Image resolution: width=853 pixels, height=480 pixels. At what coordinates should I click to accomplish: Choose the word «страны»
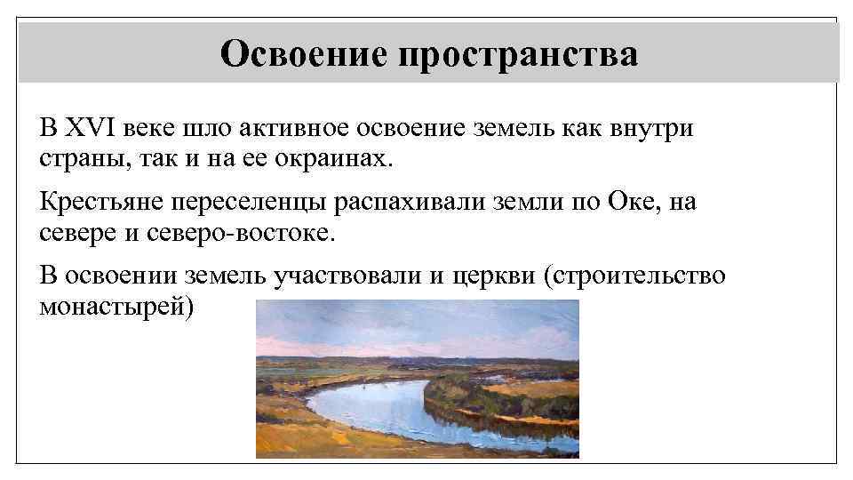click(x=76, y=161)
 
